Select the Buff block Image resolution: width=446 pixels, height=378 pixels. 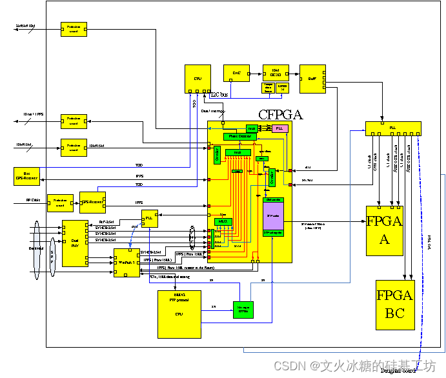[x=313, y=78]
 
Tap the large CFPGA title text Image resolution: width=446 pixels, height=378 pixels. [x=280, y=115]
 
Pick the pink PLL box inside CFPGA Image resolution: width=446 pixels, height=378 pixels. [x=279, y=129]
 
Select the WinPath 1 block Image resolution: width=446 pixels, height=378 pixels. [x=127, y=263]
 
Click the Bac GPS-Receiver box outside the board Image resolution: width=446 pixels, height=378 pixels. [x=26, y=175]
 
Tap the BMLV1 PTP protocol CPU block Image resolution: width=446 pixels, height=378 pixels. [x=179, y=314]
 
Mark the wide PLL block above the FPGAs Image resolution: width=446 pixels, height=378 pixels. [x=392, y=128]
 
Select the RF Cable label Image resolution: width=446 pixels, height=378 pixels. [x=34, y=200]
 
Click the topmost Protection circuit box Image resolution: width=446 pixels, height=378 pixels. [x=74, y=29]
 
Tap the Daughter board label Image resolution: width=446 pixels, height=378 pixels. [x=398, y=370]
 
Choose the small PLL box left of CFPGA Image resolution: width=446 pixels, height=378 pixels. [x=150, y=218]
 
